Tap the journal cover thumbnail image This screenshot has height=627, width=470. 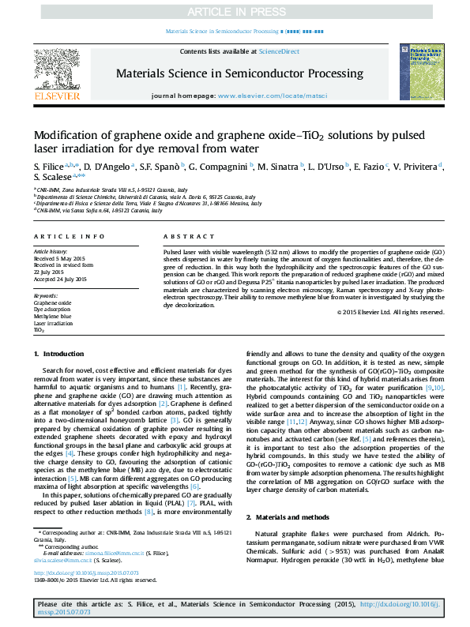422,73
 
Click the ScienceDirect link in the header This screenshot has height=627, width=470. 279,51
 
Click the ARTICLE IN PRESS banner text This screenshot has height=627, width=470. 235,13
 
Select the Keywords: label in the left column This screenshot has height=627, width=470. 46,295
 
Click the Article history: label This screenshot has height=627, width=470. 51,251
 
